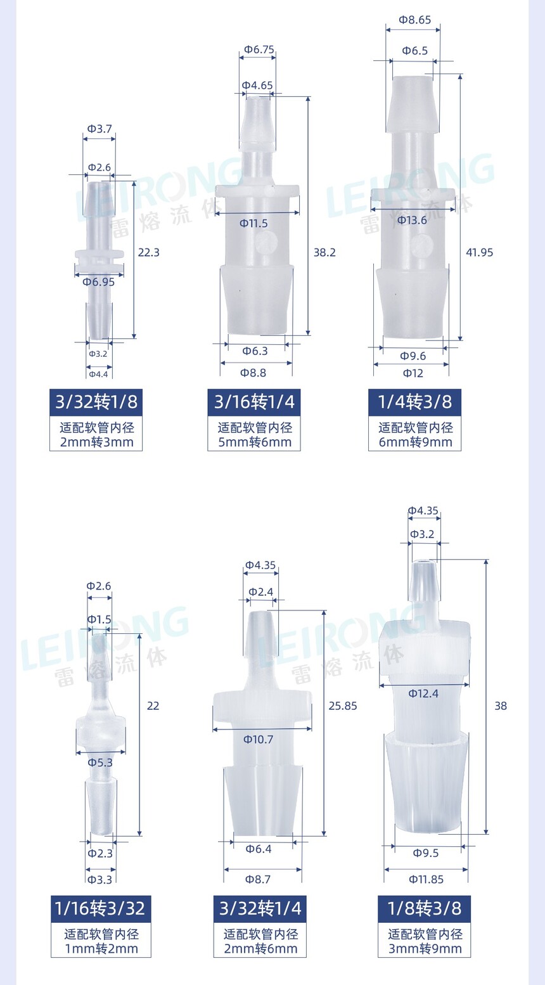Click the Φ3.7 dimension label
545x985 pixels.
(99, 129)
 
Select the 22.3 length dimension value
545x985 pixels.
(148, 252)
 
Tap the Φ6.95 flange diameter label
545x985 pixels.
(98, 282)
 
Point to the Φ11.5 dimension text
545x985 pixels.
(253, 223)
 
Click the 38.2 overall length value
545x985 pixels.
(324, 252)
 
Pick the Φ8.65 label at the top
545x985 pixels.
(415, 20)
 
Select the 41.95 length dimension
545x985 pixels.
(480, 252)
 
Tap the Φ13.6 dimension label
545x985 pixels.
(412, 220)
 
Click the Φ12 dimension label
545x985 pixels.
(413, 373)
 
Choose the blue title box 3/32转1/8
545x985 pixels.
(96, 402)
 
